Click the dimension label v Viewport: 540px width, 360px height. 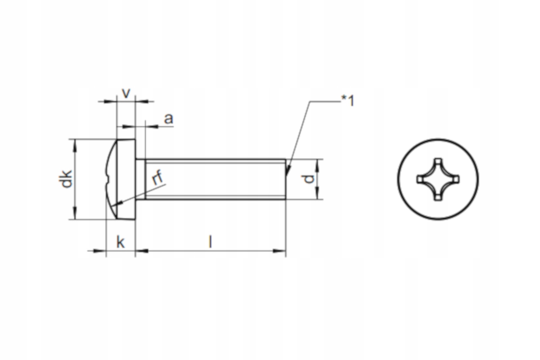(x=126, y=94)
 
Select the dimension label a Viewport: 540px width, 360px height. (x=168, y=119)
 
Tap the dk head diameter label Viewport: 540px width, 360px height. (x=65, y=179)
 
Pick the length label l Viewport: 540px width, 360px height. (x=210, y=242)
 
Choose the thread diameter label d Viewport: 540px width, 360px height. (x=308, y=179)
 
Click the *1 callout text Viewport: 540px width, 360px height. (x=347, y=100)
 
